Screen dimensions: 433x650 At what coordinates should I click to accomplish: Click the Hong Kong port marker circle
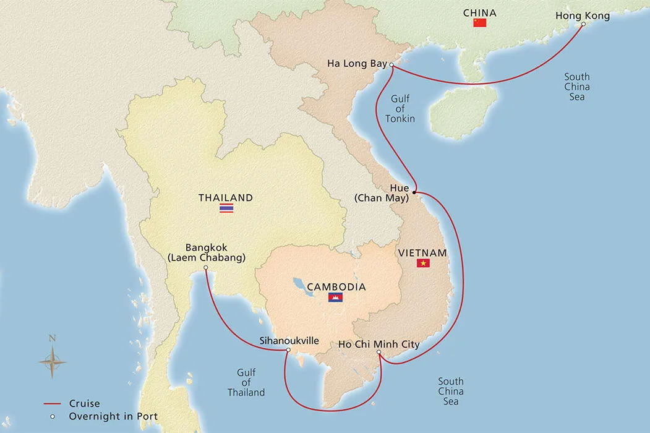(583, 25)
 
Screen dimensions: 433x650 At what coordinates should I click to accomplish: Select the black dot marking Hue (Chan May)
(414, 192)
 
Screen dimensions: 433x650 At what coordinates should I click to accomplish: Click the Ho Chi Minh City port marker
(378, 353)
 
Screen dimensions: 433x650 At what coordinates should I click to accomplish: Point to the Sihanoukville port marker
(288, 350)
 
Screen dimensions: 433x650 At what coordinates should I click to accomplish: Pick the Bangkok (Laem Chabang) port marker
(205, 268)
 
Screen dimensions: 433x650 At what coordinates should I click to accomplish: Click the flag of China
(479, 23)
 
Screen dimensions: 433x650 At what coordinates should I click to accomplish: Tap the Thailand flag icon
(226, 208)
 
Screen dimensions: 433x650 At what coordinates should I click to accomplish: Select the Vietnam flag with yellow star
(423, 264)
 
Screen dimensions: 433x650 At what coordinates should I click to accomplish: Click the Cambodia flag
(335, 298)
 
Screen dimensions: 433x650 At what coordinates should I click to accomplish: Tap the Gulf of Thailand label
(246, 383)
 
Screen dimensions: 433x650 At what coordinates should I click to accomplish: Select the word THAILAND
(226, 198)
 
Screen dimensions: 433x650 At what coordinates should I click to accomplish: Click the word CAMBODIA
(336, 287)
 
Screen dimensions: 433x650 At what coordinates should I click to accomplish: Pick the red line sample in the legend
(54, 404)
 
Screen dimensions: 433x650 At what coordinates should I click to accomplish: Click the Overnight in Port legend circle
(54, 416)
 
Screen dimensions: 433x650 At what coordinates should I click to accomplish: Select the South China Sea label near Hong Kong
(576, 87)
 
